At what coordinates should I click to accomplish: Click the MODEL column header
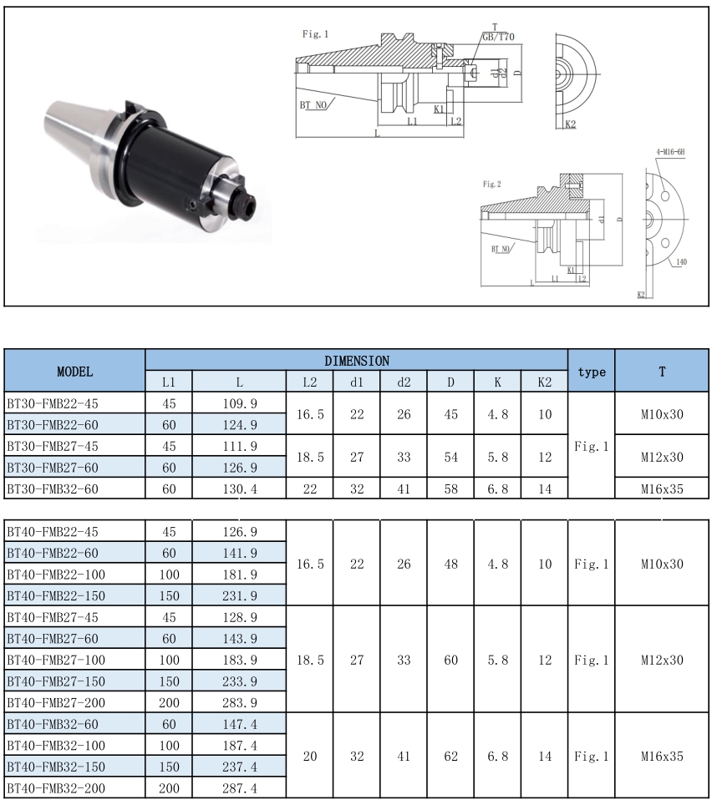pos(74,371)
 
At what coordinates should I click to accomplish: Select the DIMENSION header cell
pos(356,361)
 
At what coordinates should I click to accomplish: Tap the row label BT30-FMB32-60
pos(52,489)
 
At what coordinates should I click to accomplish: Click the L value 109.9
pos(239,402)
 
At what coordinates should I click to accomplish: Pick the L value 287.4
pos(239,788)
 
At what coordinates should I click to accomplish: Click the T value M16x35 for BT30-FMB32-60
pos(662,489)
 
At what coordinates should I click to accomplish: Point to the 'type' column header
pos(591,372)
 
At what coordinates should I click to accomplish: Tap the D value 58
pos(450,489)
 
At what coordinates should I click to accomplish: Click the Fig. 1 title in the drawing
pos(315,34)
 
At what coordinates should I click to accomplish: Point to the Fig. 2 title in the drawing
pos(493,183)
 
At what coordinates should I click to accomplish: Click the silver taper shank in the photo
pos(71,134)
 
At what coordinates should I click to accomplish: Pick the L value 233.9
pos(239,680)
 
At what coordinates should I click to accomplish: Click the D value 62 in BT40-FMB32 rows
pos(450,756)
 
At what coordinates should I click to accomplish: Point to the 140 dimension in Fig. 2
pos(681,262)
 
